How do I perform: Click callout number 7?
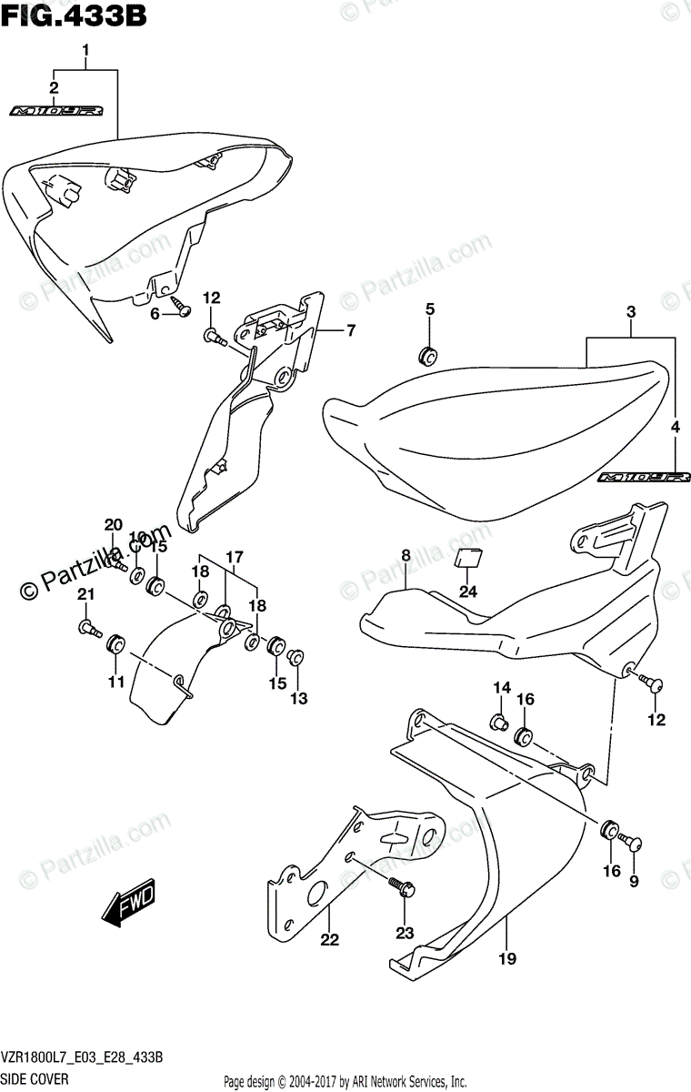[x=350, y=330]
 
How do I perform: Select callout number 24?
[x=467, y=591]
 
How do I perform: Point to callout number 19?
[x=507, y=932]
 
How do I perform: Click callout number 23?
[x=405, y=932]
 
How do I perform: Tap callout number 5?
[x=430, y=310]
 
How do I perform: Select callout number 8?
[x=406, y=555]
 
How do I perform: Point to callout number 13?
[x=298, y=698]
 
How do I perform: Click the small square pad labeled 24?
[x=468, y=558]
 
